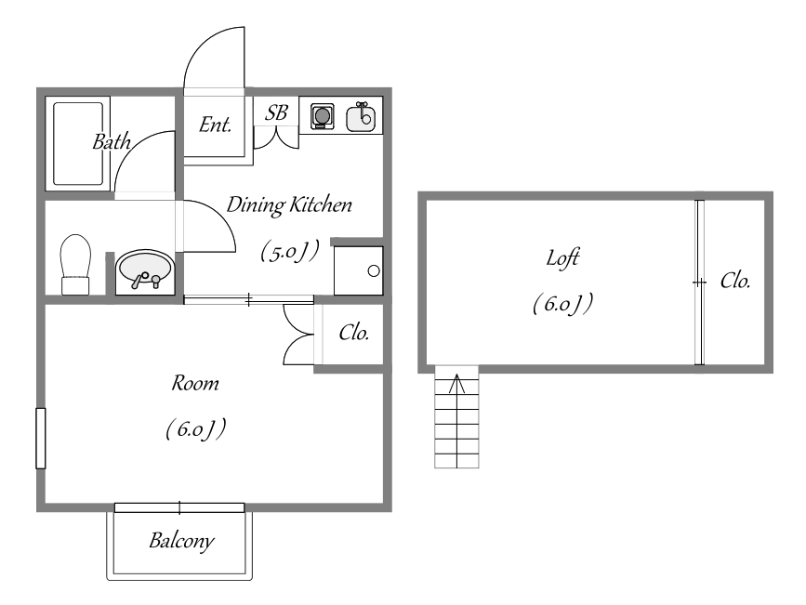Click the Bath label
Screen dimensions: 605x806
point(112,142)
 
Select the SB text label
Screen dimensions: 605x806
point(276,113)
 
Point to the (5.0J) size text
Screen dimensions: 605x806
point(289,250)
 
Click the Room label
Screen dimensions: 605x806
point(195,382)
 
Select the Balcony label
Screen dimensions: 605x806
point(182,540)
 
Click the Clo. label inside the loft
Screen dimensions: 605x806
point(734,281)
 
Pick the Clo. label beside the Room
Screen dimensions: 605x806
point(354,333)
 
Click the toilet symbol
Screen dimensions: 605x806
point(74,262)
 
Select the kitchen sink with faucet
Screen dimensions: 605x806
point(362,117)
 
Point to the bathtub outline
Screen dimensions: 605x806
point(78,143)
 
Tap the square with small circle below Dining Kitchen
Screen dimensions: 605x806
point(358,270)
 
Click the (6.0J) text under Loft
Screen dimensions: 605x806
point(562,304)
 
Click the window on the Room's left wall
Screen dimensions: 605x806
point(40,437)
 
